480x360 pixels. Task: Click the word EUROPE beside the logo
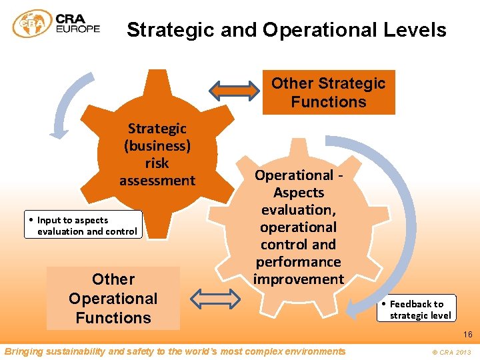click(x=78, y=29)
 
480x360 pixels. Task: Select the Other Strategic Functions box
click(x=329, y=93)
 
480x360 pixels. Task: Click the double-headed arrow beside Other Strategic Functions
click(x=235, y=89)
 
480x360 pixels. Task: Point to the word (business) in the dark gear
click(x=157, y=145)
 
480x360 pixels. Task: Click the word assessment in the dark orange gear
click(x=157, y=180)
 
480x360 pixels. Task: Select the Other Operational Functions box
click(x=113, y=298)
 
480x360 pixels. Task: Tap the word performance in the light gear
click(x=298, y=261)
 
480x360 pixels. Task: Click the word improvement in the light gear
click(x=298, y=279)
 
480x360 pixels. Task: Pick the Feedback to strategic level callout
click(x=417, y=309)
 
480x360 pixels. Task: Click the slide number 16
click(x=467, y=335)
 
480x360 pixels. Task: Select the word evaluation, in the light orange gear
click(x=298, y=209)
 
